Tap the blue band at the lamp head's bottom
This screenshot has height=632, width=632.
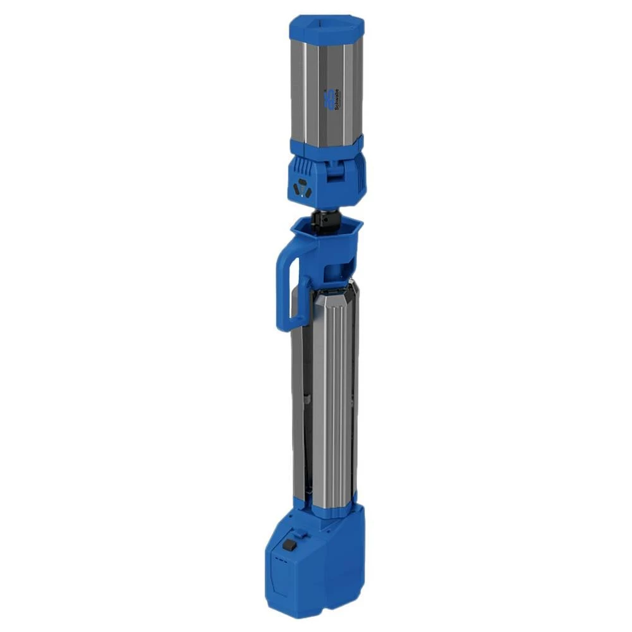(326, 147)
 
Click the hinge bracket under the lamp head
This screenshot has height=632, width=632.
(336, 176)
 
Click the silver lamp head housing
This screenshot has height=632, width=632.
(326, 88)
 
